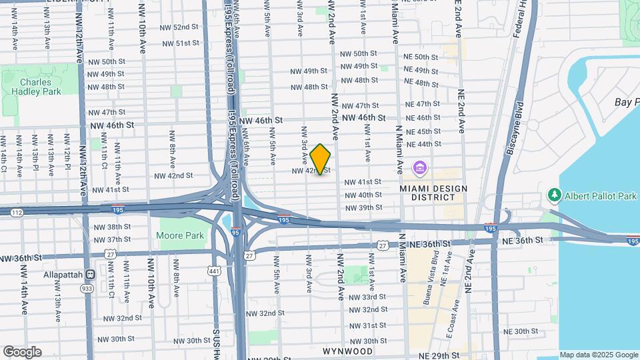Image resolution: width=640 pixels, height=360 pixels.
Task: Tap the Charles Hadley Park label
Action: (31, 87)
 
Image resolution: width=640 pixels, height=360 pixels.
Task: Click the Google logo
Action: (21, 351)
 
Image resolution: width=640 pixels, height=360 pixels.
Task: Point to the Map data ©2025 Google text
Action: (598, 355)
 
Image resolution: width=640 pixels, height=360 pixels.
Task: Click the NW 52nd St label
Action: (177, 27)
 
